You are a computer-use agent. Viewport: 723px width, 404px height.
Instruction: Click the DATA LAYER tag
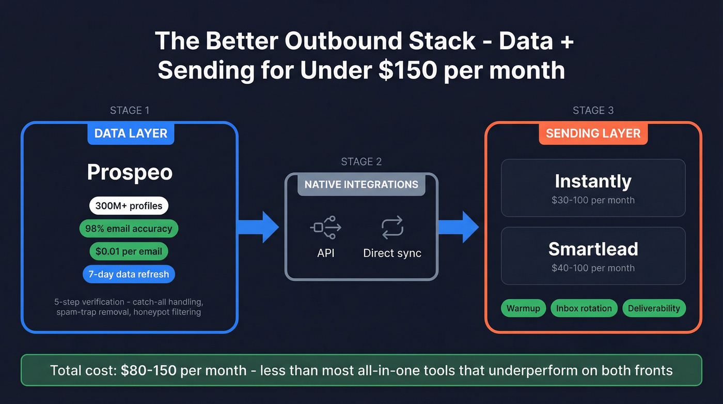tap(131, 133)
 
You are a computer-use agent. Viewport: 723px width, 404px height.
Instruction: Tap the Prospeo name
tap(130, 172)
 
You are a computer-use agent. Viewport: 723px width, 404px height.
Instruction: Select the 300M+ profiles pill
tap(129, 206)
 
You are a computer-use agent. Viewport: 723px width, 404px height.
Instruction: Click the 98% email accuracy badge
tap(129, 229)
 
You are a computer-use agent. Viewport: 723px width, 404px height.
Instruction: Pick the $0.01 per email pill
tap(129, 251)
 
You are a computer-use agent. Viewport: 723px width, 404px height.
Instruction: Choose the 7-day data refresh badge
tap(129, 274)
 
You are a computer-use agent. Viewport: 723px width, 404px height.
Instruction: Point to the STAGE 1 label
tap(130, 110)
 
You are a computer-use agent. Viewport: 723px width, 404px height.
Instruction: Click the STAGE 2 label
tap(361, 162)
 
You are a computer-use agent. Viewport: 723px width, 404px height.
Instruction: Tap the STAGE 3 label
tap(593, 110)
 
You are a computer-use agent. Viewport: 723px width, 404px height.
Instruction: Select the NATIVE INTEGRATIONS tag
tap(361, 185)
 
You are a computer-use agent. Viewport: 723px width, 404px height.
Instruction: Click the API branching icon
tap(326, 228)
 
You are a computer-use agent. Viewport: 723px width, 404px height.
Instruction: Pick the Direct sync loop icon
tap(392, 228)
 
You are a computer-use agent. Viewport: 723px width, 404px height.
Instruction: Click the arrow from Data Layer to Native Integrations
tap(258, 227)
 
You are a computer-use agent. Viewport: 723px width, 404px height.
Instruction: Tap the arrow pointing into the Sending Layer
tap(459, 227)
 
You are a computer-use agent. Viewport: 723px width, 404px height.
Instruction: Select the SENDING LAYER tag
tap(593, 133)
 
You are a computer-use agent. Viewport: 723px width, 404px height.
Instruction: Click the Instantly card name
tap(593, 182)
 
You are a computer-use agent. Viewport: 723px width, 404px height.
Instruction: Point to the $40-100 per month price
tap(593, 268)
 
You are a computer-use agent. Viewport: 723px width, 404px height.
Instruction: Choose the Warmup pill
tap(523, 308)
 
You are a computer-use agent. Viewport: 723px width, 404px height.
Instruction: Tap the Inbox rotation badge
tap(584, 308)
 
